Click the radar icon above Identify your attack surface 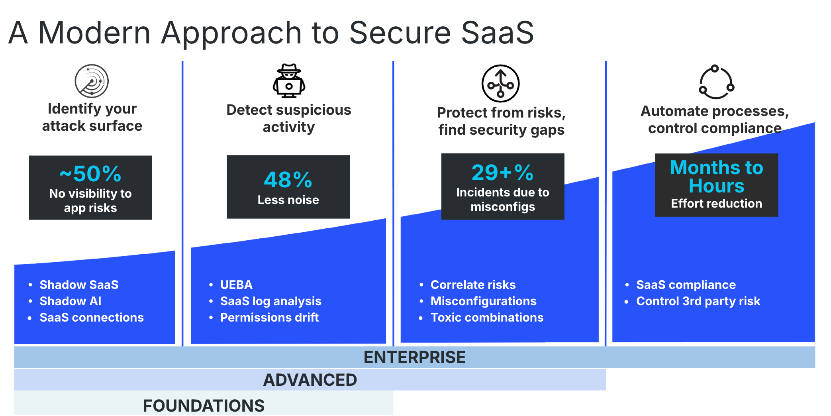(x=92, y=81)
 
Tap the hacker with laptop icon (x=289, y=81)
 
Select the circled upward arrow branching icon (x=501, y=84)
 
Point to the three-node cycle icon (x=716, y=82)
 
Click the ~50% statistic (x=90, y=174)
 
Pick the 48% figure (x=288, y=180)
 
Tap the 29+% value (x=502, y=173)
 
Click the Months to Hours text (x=716, y=177)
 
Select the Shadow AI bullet (x=71, y=301)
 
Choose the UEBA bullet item (x=236, y=285)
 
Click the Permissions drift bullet (x=269, y=318)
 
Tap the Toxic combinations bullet (x=487, y=318)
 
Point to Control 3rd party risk (x=698, y=301)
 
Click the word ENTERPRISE (x=414, y=357)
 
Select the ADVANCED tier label (x=310, y=380)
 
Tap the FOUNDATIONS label (x=204, y=406)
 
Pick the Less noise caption (x=288, y=200)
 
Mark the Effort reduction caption (x=716, y=204)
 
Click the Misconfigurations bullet (x=483, y=301)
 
